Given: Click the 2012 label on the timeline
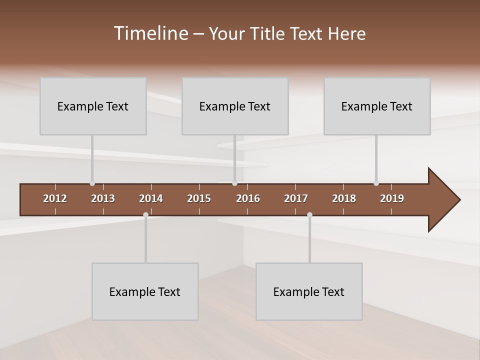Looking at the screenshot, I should (55, 198).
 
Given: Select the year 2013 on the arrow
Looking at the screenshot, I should (103, 198).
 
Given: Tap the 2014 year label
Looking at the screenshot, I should (151, 198).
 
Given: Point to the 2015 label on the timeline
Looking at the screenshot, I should (199, 198).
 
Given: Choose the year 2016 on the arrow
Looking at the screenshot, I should (248, 198).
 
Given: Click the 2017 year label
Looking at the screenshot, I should (296, 198).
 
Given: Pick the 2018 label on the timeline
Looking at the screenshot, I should (344, 198).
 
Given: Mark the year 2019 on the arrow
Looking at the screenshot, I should (392, 198).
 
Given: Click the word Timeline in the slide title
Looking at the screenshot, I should (150, 33).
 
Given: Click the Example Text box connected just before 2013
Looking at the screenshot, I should (93, 106).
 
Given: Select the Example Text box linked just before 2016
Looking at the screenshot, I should (235, 106).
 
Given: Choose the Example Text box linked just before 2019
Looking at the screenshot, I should (377, 106).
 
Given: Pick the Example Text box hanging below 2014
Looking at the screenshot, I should (145, 291).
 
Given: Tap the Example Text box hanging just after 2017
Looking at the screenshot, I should (309, 291).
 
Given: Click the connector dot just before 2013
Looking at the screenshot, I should (92, 183).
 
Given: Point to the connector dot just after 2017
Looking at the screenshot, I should (309, 215).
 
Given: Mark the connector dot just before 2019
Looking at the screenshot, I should (376, 183).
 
